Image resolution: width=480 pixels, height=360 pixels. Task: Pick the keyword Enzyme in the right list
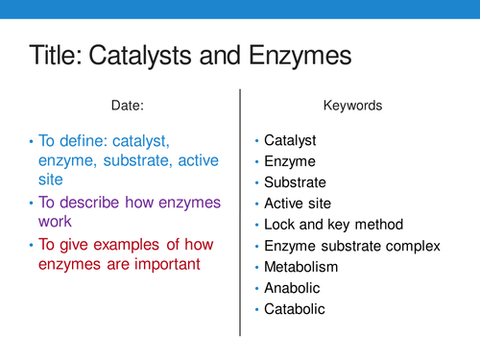(x=289, y=161)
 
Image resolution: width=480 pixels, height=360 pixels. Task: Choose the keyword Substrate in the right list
(x=295, y=182)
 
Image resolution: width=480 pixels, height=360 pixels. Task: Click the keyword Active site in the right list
(x=299, y=204)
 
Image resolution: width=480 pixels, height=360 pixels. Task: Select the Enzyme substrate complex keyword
(x=351, y=246)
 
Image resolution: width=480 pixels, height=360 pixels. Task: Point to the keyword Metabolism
(x=301, y=267)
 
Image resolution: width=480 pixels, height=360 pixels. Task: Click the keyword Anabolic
(x=292, y=288)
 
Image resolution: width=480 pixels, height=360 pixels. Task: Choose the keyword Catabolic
(x=295, y=309)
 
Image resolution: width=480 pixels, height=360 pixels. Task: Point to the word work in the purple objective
(x=56, y=223)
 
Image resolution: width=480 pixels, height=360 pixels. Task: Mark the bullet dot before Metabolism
(x=256, y=268)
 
